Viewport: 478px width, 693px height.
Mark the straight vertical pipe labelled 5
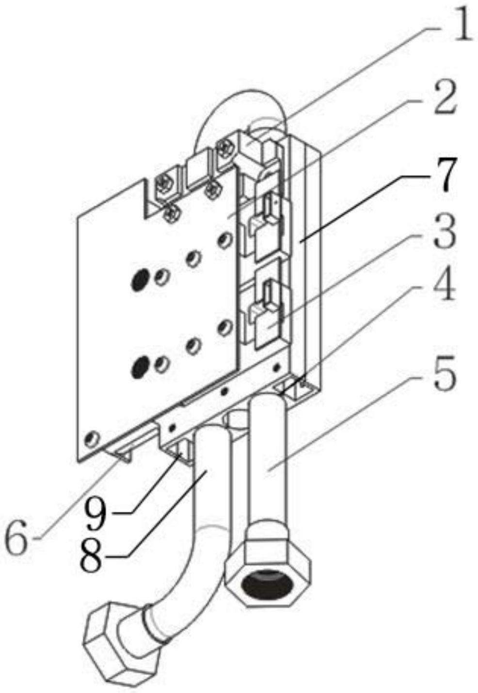click(268, 460)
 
